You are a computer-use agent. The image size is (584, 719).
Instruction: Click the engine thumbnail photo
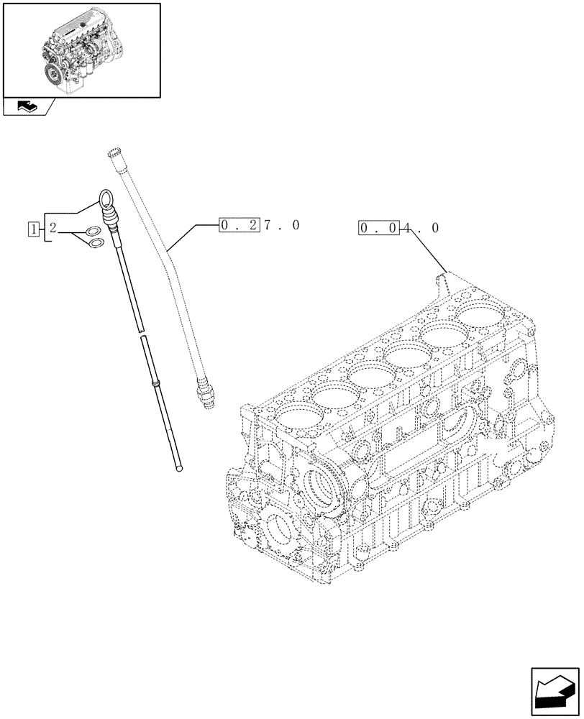point(81,50)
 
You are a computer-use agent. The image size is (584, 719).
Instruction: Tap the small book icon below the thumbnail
point(27,107)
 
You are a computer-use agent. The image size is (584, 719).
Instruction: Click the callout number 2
point(53,229)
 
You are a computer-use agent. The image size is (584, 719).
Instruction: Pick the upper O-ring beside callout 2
point(91,232)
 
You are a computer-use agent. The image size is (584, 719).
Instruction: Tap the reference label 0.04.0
point(398,229)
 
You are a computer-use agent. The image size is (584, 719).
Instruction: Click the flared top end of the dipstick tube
point(112,152)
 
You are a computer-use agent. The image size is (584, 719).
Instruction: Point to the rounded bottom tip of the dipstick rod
point(179,468)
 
